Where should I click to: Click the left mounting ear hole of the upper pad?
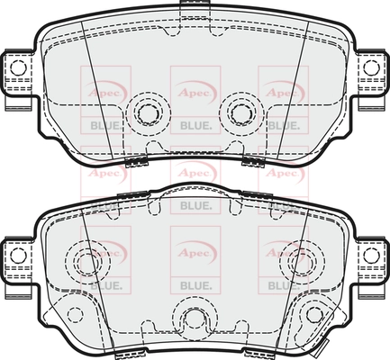[x=18, y=67]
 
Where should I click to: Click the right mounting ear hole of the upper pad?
[x=371, y=67]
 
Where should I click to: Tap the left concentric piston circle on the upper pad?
[x=149, y=112]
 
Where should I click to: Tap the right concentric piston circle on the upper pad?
[x=241, y=112]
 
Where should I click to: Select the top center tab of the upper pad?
[x=195, y=4]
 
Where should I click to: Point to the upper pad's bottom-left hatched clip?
[x=137, y=161]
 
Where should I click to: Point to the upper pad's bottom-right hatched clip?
[x=253, y=161]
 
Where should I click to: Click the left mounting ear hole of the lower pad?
[x=18, y=256]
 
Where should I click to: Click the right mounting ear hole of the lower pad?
[x=371, y=256]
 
